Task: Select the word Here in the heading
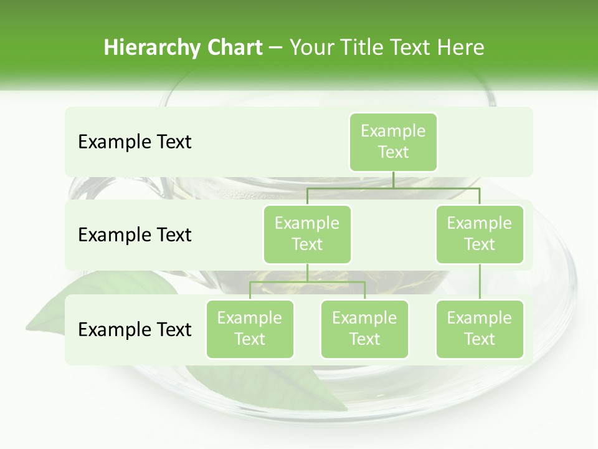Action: point(460,47)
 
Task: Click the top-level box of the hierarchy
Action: point(393,142)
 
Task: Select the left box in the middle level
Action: point(307,234)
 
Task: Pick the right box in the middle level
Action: point(480,234)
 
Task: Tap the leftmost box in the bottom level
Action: point(250,329)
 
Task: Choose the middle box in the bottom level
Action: point(364,329)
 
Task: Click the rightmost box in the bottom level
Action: point(480,329)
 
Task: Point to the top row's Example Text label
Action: point(135,142)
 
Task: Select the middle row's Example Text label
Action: point(135,234)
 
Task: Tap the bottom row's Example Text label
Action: point(135,329)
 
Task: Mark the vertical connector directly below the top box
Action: point(393,179)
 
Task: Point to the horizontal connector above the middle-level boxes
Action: point(393,187)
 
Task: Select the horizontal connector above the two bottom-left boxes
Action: point(307,282)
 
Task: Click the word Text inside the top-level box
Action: point(393,152)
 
